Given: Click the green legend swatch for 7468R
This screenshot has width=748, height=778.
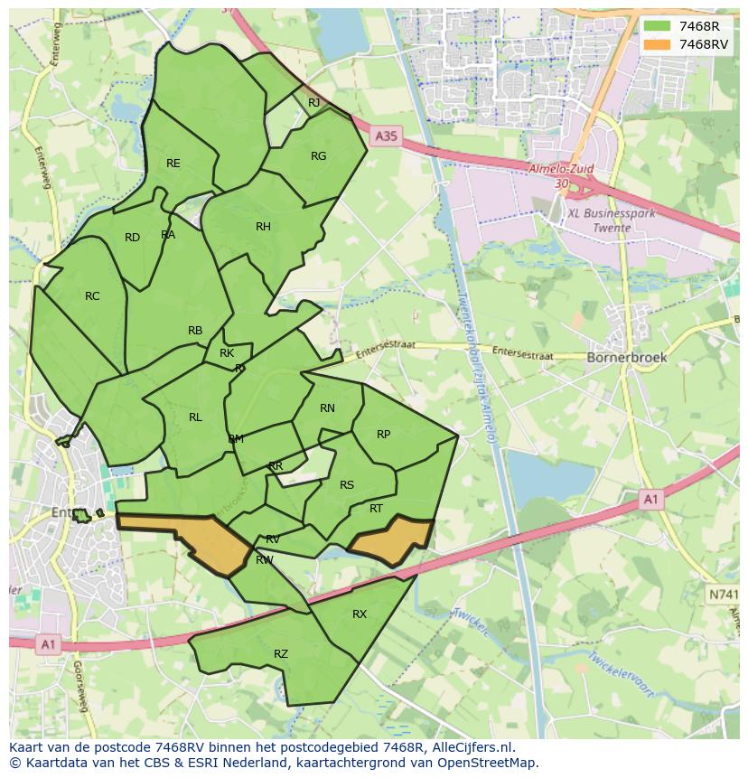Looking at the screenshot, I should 657,26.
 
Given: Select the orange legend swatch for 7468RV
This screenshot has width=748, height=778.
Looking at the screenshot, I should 657,44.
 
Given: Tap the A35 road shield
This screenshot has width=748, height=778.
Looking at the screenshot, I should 385,136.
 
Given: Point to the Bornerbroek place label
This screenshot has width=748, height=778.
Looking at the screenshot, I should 627,357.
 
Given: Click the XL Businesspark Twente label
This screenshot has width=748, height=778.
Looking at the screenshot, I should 599,220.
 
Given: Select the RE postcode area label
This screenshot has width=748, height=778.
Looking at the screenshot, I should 173,164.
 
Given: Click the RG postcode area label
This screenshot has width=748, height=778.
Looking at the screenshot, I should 318,156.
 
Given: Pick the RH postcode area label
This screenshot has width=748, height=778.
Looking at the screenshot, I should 263,227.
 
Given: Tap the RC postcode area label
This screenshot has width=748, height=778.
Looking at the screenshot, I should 92,296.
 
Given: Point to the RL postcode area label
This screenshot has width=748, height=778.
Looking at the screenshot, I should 195,417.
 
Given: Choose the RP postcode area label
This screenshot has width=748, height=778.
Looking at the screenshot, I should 383,435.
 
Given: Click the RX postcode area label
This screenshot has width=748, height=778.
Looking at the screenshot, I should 360,614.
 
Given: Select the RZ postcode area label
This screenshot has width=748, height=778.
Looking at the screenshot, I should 281,654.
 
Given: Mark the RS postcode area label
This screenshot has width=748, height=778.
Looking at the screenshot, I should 347,485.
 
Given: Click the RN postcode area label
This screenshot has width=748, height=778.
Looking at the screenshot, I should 327,408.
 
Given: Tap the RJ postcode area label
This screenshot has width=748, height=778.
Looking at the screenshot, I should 313,103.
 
